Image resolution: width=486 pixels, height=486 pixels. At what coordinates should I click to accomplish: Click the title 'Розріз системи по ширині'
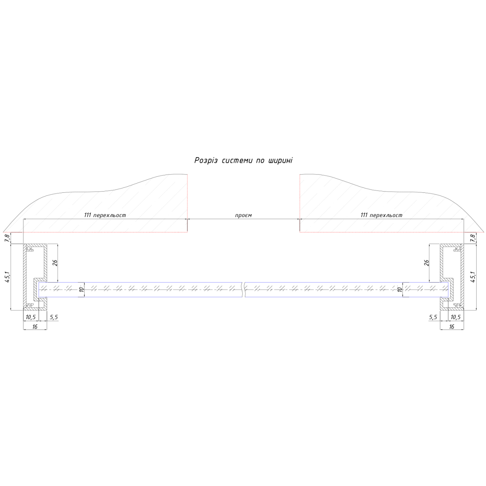(243, 160)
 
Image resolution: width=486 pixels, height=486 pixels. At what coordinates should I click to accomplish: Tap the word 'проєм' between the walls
(243, 215)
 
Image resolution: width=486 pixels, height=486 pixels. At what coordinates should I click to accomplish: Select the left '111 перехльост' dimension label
(105, 215)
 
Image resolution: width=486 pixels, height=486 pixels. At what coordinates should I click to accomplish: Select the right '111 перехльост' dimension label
(382, 215)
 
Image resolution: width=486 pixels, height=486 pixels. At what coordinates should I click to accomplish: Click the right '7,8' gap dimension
(473, 238)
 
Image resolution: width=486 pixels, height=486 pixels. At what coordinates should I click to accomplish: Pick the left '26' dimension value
(55, 262)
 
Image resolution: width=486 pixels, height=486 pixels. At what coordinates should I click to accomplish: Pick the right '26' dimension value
(426, 262)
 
